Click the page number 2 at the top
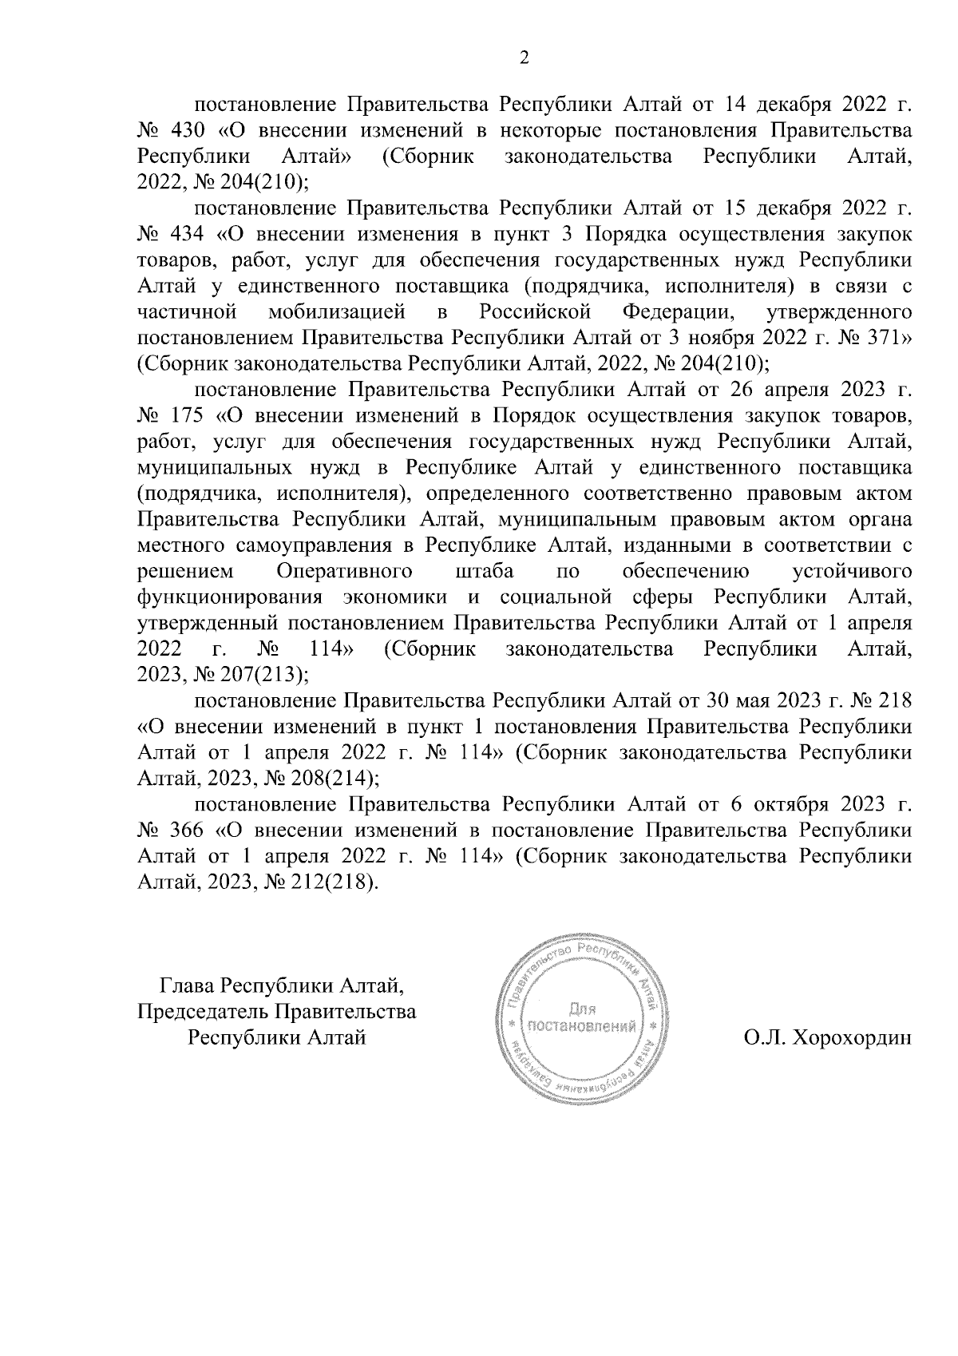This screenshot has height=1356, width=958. pos(524,58)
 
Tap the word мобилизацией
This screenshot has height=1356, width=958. pos(342,311)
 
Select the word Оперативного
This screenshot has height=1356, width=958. pos(344,571)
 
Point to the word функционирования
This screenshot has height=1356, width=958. pos(230,597)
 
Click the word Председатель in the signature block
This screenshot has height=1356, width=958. pos(204,1012)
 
